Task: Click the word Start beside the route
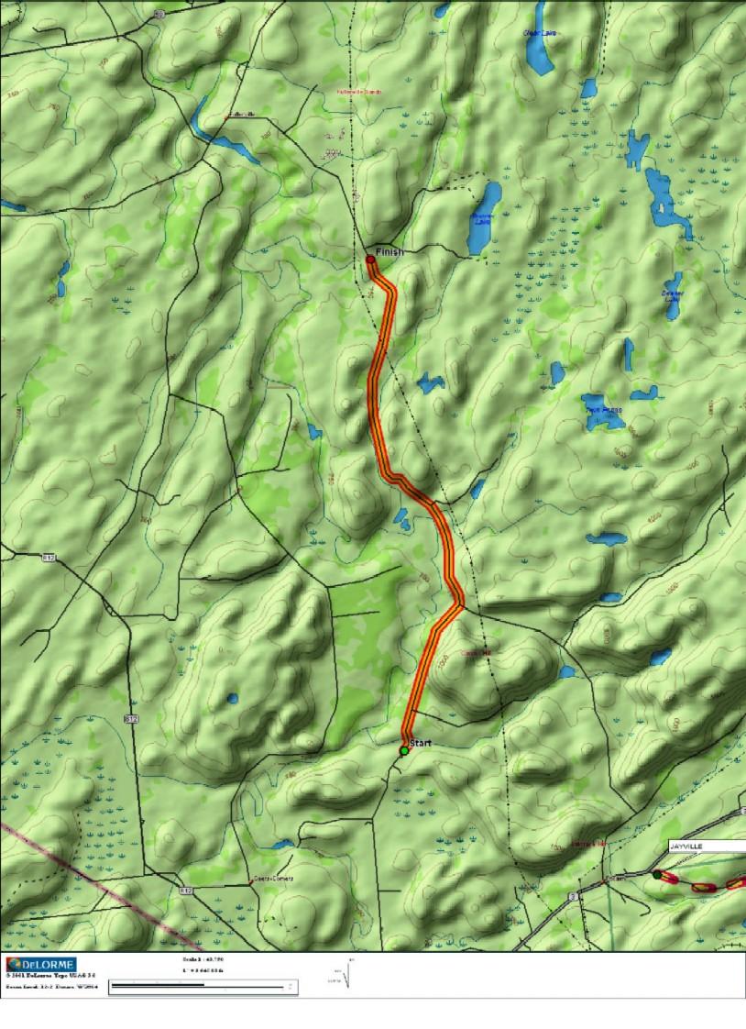420,742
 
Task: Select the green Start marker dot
403,751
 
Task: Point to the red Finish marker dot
370,260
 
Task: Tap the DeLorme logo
40,964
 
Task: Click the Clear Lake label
540,33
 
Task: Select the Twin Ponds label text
604,410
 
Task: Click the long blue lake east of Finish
484,218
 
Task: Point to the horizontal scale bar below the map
202,987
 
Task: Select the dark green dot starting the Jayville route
656,876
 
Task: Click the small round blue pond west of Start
233,699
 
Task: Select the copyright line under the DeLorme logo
50,977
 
